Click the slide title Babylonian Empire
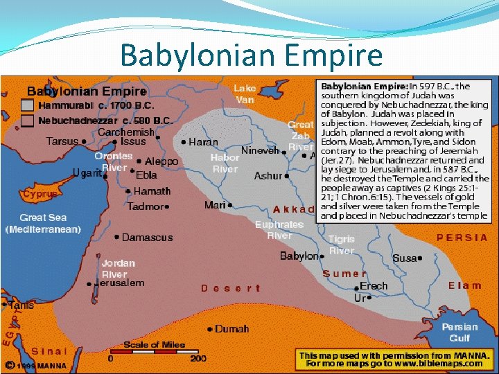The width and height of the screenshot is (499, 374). (251, 55)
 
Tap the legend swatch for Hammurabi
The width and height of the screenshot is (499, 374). (27, 106)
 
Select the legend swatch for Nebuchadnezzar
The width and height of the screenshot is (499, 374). (27, 121)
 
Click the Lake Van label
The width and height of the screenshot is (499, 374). (245, 93)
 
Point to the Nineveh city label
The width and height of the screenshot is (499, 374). (260, 150)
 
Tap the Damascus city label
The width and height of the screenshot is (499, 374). (147, 238)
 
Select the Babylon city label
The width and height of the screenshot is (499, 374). (299, 256)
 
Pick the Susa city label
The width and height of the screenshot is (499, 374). (404, 258)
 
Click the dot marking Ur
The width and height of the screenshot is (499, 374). (369, 298)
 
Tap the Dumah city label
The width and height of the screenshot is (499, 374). (232, 328)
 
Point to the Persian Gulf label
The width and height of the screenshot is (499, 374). (459, 332)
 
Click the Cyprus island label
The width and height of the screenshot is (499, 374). (40, 195)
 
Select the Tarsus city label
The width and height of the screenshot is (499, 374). (62, 141)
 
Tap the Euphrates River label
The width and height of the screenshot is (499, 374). (279, 230)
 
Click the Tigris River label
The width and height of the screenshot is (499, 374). (342, 244)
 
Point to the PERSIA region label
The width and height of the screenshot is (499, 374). (462, 237)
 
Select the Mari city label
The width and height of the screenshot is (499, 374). (215, 205)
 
